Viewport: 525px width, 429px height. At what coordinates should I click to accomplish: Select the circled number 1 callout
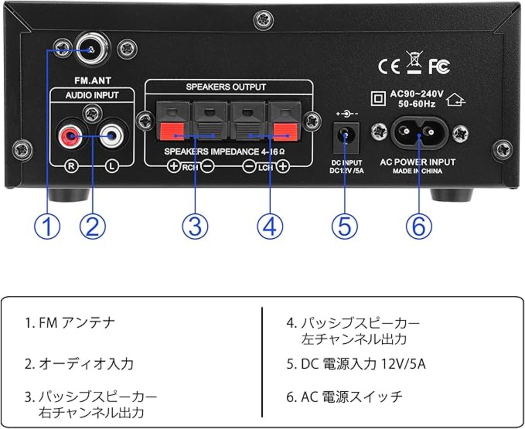point(47,226)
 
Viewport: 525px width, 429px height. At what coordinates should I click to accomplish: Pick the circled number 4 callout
point(270,226)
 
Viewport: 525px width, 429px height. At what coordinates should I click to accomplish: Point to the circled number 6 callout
point(419,226)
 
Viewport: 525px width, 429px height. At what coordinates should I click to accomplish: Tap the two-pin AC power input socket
point(419,132)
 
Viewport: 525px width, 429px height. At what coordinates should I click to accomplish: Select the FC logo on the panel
point(439,66)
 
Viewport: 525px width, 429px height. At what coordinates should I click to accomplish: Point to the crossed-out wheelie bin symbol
point(414,62)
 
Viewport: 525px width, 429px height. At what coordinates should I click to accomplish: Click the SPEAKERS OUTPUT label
point(226,87)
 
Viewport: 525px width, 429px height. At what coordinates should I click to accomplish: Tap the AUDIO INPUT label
point(92,95)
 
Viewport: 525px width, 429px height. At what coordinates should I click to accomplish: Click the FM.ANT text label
point(93,80)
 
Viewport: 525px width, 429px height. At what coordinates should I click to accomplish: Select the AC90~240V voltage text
point(416,94)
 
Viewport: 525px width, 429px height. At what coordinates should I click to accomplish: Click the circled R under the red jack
point(72,167)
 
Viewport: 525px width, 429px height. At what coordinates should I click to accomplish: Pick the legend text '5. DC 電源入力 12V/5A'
point(356,364)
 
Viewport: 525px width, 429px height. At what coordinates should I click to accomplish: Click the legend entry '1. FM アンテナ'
point(70,323)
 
